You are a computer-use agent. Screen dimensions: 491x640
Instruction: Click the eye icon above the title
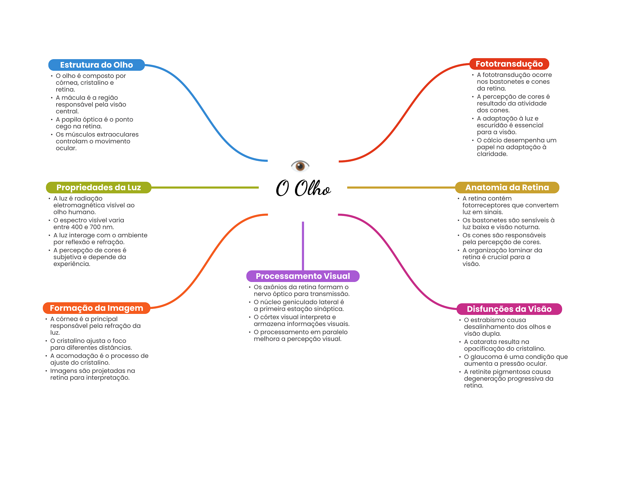(x=300, y=166)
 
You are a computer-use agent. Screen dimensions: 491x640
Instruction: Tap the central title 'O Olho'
(x=303, y=188)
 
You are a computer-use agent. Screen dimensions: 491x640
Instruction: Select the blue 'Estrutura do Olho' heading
(x=96, y=65)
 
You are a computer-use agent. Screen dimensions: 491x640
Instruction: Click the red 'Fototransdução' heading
(x=509, y=64)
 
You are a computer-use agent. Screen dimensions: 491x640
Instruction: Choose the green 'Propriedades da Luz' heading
(x=98, y=187)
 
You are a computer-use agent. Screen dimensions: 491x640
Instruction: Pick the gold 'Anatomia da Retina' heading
(x=507, y=187)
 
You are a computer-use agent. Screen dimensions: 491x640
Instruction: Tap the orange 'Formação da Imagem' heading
(x=96, y=308)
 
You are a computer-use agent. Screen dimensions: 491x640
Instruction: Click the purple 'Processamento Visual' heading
(x=303, y=276)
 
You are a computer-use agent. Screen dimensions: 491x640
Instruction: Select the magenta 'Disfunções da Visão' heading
(x=509, y=309)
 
